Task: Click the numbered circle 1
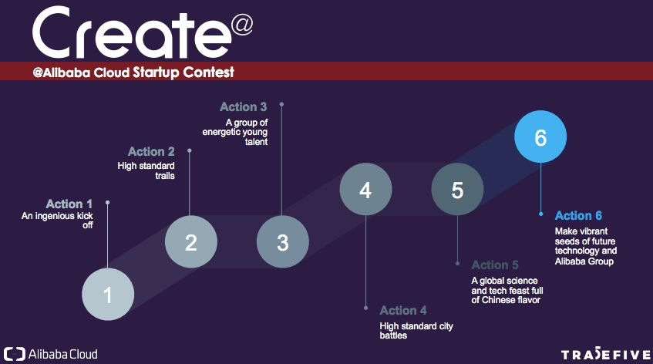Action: (x=108, y=294)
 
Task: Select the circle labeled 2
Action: (x=191, y=241)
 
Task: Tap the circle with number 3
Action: (x=283, y=241)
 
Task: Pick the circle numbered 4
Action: (x=365, y=189)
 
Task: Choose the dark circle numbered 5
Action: (x=457, y=189)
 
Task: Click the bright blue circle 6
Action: (x=540, y=136)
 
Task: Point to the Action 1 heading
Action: (x=69, y=204)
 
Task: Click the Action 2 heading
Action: (x=151, y=152)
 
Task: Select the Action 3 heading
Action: (x=243, y=107)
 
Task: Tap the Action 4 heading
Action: (x=403, y=310)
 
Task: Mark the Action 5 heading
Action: (x=495, y=265)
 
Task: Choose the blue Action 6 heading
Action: (x=578, y=215)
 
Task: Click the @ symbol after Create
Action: (x=241, y=25)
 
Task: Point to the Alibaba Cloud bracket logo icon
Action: (x=14, y=355)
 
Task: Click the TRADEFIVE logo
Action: (x=605, y=355)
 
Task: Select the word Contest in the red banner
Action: (x=209, y=72)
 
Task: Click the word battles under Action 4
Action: (x=393, y=335)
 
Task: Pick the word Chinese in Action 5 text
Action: (x=505, y=300)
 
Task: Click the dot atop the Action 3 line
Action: (x=281, y=104)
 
